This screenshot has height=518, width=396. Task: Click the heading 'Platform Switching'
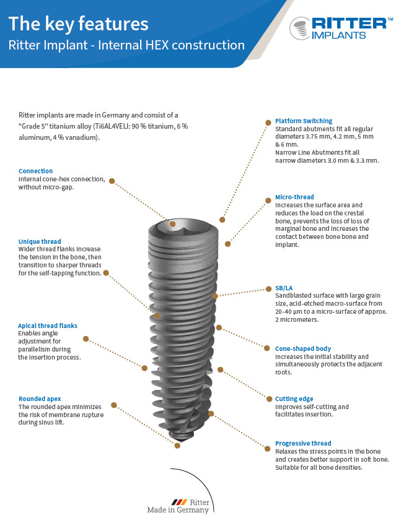(x=303, y=121)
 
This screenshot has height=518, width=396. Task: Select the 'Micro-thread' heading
(x=294, y=197)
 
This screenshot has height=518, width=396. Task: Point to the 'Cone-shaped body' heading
(x=302, y=348)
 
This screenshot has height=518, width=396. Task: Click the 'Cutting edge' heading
(x=294, y=399)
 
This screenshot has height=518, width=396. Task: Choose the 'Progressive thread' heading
(x=302, y=443)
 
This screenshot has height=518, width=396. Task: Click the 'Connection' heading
(x=35, y=171)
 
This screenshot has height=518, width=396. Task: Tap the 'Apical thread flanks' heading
(x=48, y=325)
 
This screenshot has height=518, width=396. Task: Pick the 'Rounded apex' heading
(x=40, y=399)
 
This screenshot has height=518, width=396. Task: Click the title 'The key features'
(x=78, y=24)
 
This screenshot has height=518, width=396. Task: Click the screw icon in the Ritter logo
(x=300, y=28)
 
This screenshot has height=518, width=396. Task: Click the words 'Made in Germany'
(x=178, y=511)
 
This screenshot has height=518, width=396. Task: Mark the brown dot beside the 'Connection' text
(x=112, y=181)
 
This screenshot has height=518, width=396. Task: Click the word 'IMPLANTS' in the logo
(x=338, y=35)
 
